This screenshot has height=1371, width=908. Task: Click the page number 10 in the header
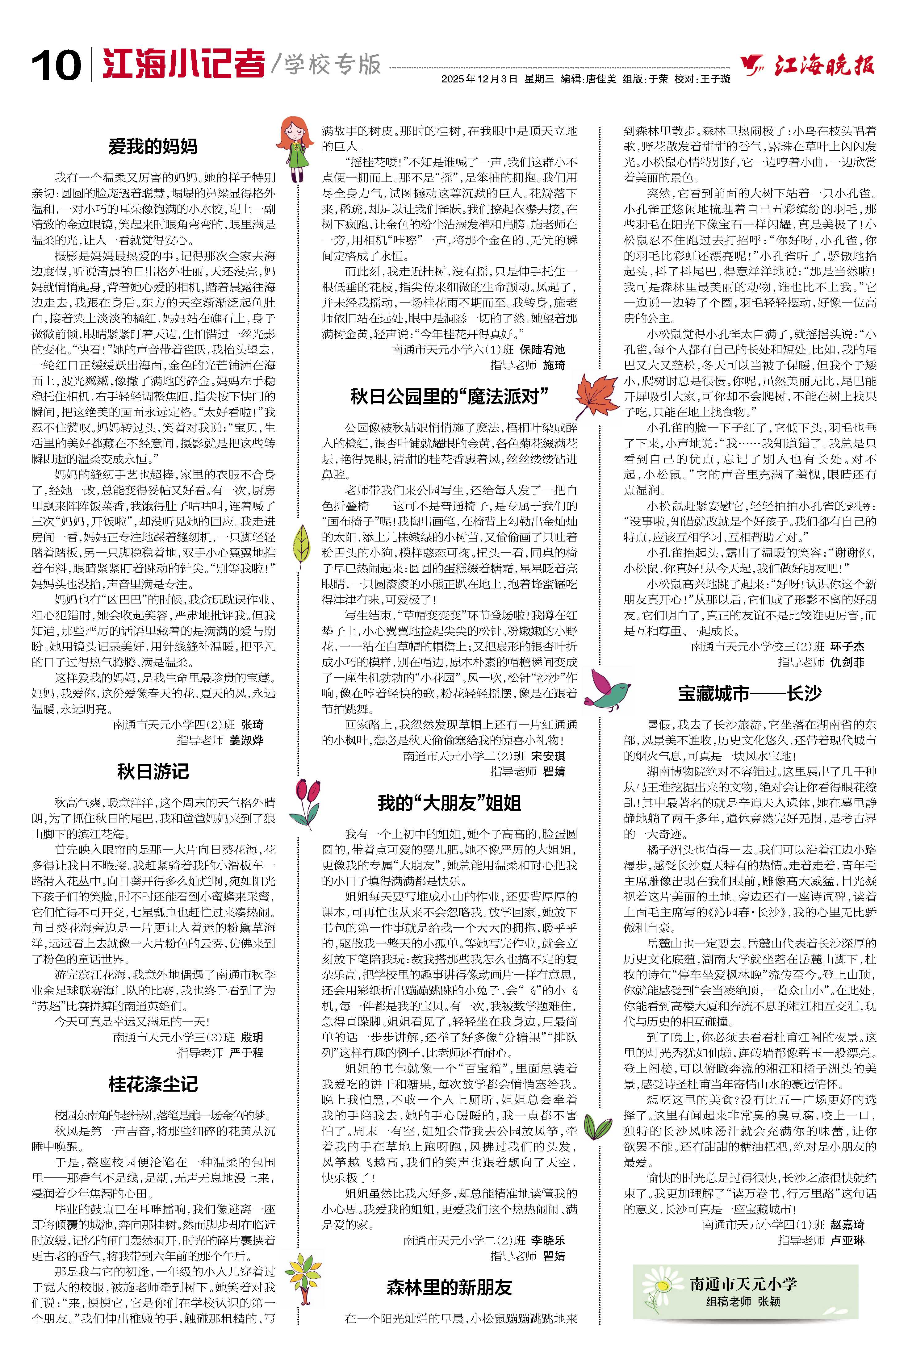point(56,65)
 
